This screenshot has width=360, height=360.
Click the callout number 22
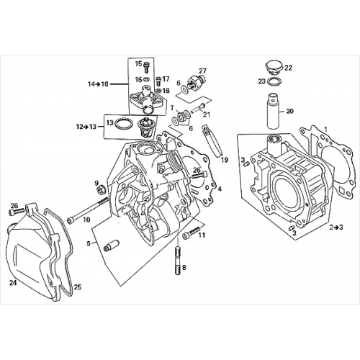click(288, 68)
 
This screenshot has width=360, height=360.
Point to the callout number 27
click(203, 71)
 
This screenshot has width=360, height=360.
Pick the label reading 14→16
click(99, 84)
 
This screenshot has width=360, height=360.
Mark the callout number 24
click(12, 283)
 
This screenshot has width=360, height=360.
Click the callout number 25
click(78, 287)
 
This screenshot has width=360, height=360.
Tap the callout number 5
click(89, 243)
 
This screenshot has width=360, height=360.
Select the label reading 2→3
click(336, 227)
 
